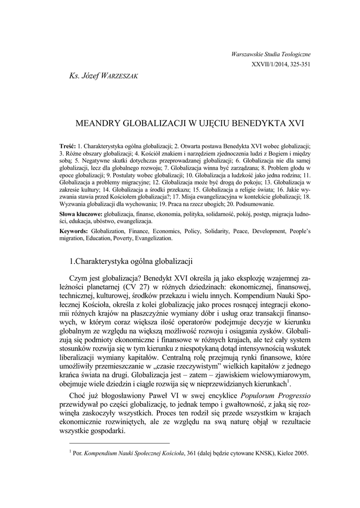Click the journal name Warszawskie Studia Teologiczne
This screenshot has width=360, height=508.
pyautogui.click(x=271, y=54)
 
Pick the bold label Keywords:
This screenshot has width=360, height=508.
pyautogui.click(x=73, y=231)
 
